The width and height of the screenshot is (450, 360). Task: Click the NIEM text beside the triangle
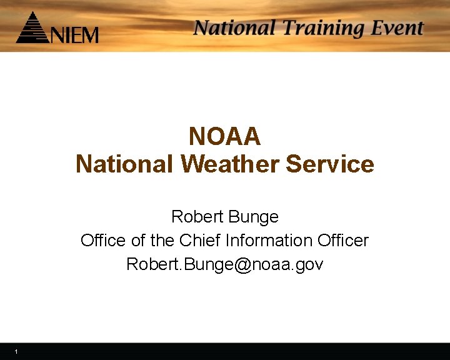click(x=74, y=34)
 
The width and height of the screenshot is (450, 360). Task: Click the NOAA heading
click(x=224, y=136)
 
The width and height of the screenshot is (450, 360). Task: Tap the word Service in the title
click(x=330, y=164)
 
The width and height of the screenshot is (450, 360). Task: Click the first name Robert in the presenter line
click(x=197, y=217)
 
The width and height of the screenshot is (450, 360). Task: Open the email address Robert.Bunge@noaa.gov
click(x=224, y=264)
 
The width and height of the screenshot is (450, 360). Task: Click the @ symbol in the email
click(x=243, y=265)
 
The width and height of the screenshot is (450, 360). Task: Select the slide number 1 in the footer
click(x=16, y=352)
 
